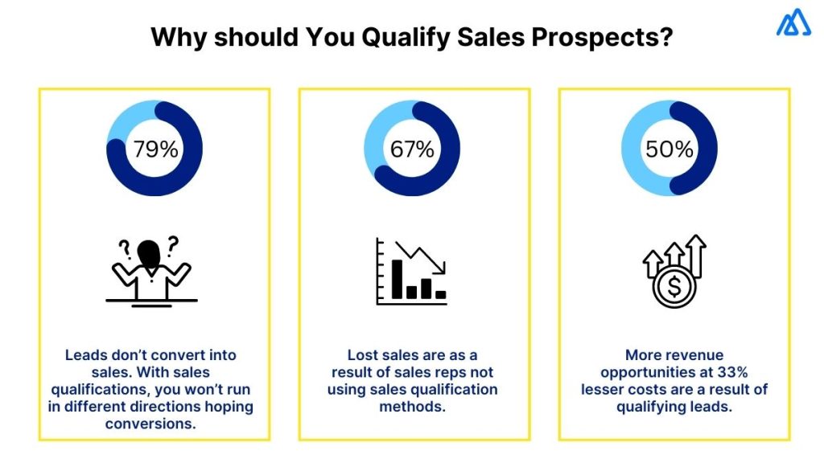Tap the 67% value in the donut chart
click(411, 149)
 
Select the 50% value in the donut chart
click(669, 149)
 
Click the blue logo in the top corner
click(793, 23)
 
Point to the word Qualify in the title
click(390, 39)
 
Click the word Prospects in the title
click(613, 38)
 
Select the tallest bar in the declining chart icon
click(397, 278)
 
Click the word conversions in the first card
click(150, 424)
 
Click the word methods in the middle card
click(411, 407)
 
